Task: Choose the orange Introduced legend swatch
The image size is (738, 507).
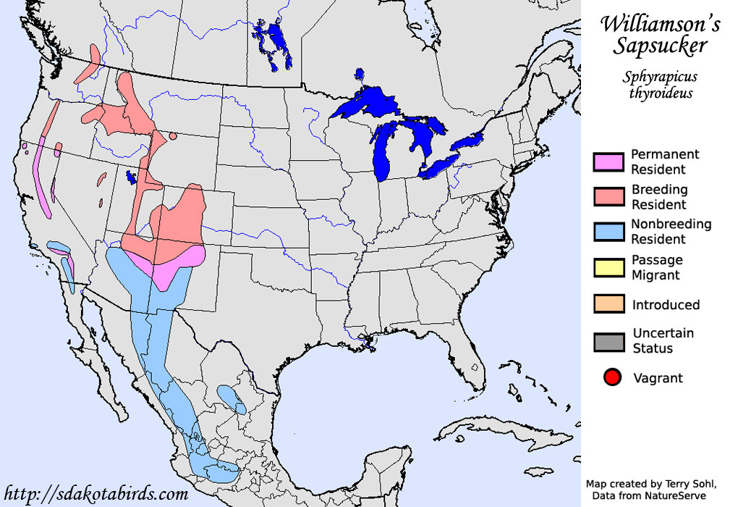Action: point(608,304)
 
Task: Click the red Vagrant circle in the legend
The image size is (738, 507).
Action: point(612,377)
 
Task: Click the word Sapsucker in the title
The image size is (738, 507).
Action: point(659,46)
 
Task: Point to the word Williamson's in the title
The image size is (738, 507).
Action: point(660,24)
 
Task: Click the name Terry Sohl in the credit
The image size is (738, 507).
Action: point(679,483)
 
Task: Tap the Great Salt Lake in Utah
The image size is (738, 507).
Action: point(132,177)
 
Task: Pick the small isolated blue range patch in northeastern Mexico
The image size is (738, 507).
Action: point(232,398)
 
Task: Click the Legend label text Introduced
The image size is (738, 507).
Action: point(666,305)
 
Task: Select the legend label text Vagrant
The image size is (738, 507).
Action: point(658,378)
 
